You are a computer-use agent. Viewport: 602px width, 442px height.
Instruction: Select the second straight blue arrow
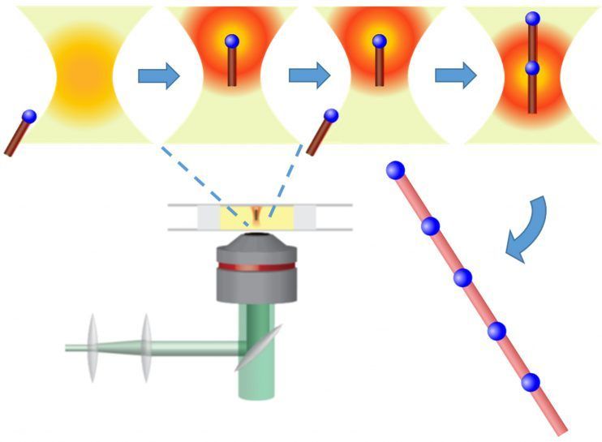click(x=309, y=75)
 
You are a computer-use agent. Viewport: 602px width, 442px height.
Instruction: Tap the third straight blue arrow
click(x=456, y=75)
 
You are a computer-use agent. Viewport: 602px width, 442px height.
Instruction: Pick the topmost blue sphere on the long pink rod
click(x=395, y=170)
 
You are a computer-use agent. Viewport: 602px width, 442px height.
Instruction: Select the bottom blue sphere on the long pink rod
click(x=531, y=381)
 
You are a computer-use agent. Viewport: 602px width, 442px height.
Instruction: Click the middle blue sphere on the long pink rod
click(x=462, y=277)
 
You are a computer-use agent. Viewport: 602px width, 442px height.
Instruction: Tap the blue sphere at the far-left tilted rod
click(x=29, y=117)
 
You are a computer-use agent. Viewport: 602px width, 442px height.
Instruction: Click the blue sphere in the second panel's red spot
click(x=231, y=41)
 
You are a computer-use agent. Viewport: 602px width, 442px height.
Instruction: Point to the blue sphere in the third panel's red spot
click(x=378, y=41)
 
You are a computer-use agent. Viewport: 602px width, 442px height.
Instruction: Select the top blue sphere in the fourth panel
click(x=532, y=18)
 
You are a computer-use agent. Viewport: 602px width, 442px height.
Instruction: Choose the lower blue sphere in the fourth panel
click(x=531, y=69)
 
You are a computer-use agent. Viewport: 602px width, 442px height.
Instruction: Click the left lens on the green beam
click(x=91, y=347)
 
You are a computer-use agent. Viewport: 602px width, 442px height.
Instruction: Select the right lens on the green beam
click(x=146, y=347)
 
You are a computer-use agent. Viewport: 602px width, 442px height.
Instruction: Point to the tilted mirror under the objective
click(x=259, y=347)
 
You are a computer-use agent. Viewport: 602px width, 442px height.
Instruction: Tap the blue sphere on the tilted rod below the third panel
click(x=331, y=117)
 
